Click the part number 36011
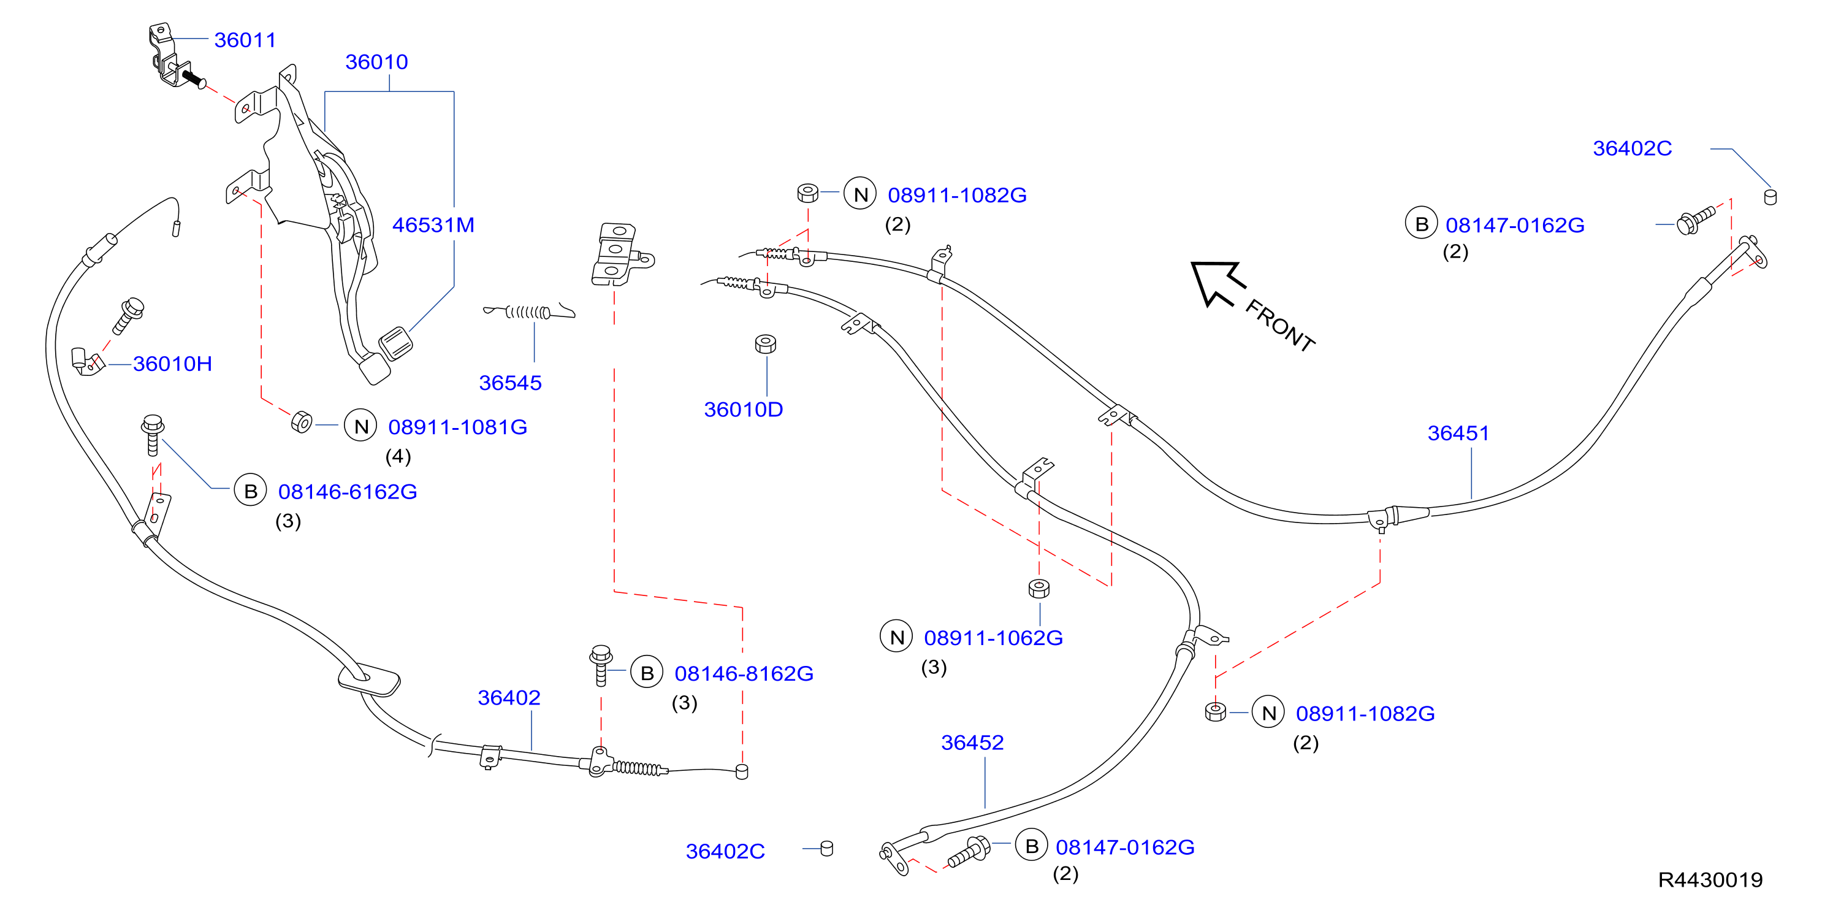(x=245, y=40)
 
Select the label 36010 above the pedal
(x=376, y=62)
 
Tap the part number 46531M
(x=433, y=225)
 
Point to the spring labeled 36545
(x=528, y=311)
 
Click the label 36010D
(x=743, y=409)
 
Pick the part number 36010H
(x=172, y=364)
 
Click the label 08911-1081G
(x=457, y=427)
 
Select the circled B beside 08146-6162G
(x=251, y=491)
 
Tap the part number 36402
(x=509, y=697)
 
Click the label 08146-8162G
(x=744, y=673)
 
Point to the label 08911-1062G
(x=993, y=638)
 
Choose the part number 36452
(x=972, y=742)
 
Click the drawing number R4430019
(x=1710, y=880)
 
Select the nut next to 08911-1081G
(x=302, y=422)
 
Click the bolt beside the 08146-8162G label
(x=601, y=665)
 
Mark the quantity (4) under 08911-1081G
(x=398, y=456)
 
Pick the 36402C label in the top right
(x=1632, y=148)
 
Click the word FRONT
(x=1280, y=325)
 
